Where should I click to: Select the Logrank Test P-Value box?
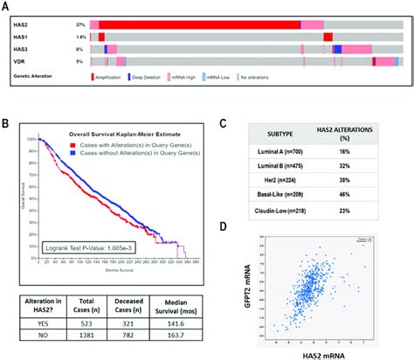(x=81, y=248)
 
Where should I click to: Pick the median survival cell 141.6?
(x=203, y=321)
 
